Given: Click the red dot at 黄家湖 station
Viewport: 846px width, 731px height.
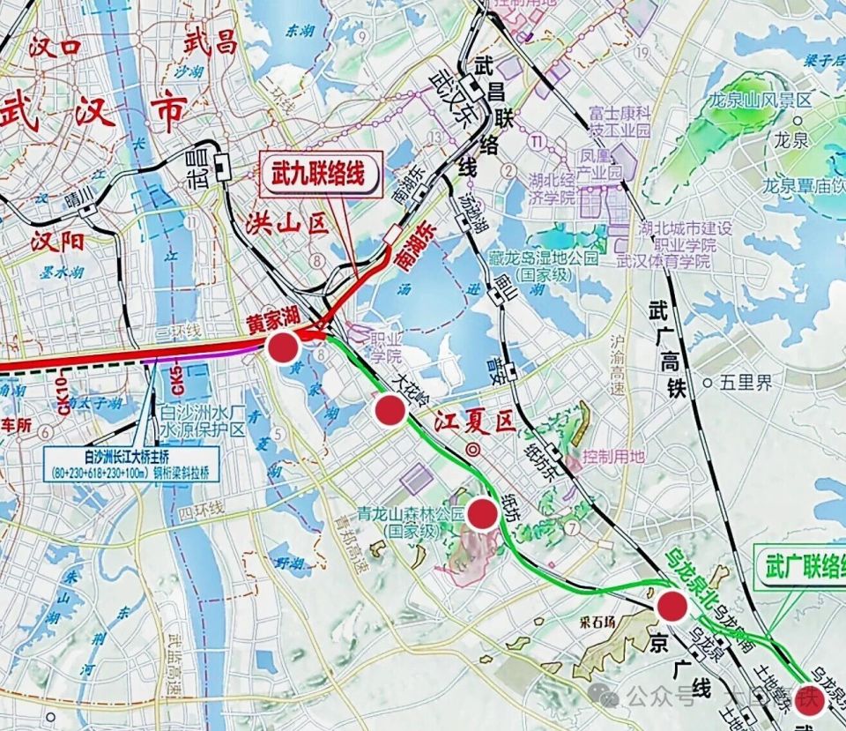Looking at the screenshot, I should tap(282, 347).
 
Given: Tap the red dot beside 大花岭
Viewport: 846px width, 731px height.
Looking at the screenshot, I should tap(389, 409).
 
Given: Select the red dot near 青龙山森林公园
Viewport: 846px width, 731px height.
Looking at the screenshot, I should tap(482, 513).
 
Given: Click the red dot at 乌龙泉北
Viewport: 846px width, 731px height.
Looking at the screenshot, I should tap(672, 606).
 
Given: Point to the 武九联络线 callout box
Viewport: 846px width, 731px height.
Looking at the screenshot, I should tap(321, 174).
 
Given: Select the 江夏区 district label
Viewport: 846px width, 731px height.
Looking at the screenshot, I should tap(474, 422).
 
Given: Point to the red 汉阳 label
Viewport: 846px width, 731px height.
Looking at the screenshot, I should tap(57, 241).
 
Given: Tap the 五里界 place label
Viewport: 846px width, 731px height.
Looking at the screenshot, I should tap(745, 383).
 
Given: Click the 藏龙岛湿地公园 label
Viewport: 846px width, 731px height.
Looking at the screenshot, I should tap(543, 266).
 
